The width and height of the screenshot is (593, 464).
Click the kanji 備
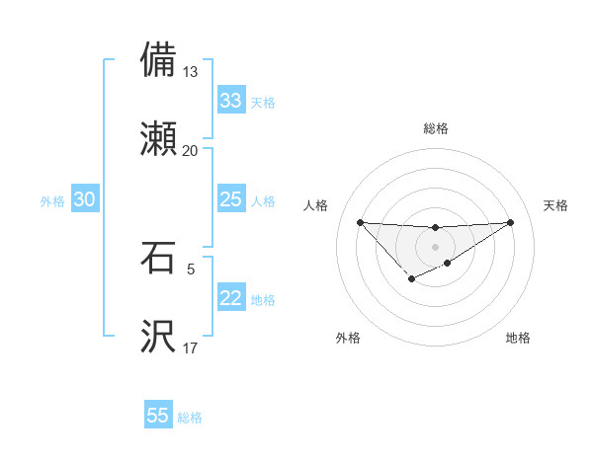click(159, 60)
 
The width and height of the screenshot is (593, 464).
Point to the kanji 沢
click(159, 336)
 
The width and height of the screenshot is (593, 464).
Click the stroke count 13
click(191, 72)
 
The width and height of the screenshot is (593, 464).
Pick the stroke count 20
click(191, 150)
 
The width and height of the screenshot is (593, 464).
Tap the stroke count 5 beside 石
click(191, 268)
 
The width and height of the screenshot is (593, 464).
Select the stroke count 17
click(191, 348)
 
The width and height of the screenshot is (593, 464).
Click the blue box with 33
click(231, 101)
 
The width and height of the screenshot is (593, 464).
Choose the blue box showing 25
click(231, 199)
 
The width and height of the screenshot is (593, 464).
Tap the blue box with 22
click(231, 298)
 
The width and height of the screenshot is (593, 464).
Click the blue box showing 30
click(85, 199)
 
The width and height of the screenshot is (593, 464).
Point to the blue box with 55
click(158, 416)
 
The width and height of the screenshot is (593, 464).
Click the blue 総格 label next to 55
click(190, 418)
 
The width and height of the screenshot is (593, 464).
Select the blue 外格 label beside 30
click(52, 201)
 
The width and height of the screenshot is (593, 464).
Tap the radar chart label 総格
click(435, 128)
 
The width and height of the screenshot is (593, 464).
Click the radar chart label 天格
click(556, 205)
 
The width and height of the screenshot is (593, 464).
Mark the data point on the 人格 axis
click(360, 222)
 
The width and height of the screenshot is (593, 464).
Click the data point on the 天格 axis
click(510, 222)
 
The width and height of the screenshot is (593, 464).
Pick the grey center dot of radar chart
click(435, 246)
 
